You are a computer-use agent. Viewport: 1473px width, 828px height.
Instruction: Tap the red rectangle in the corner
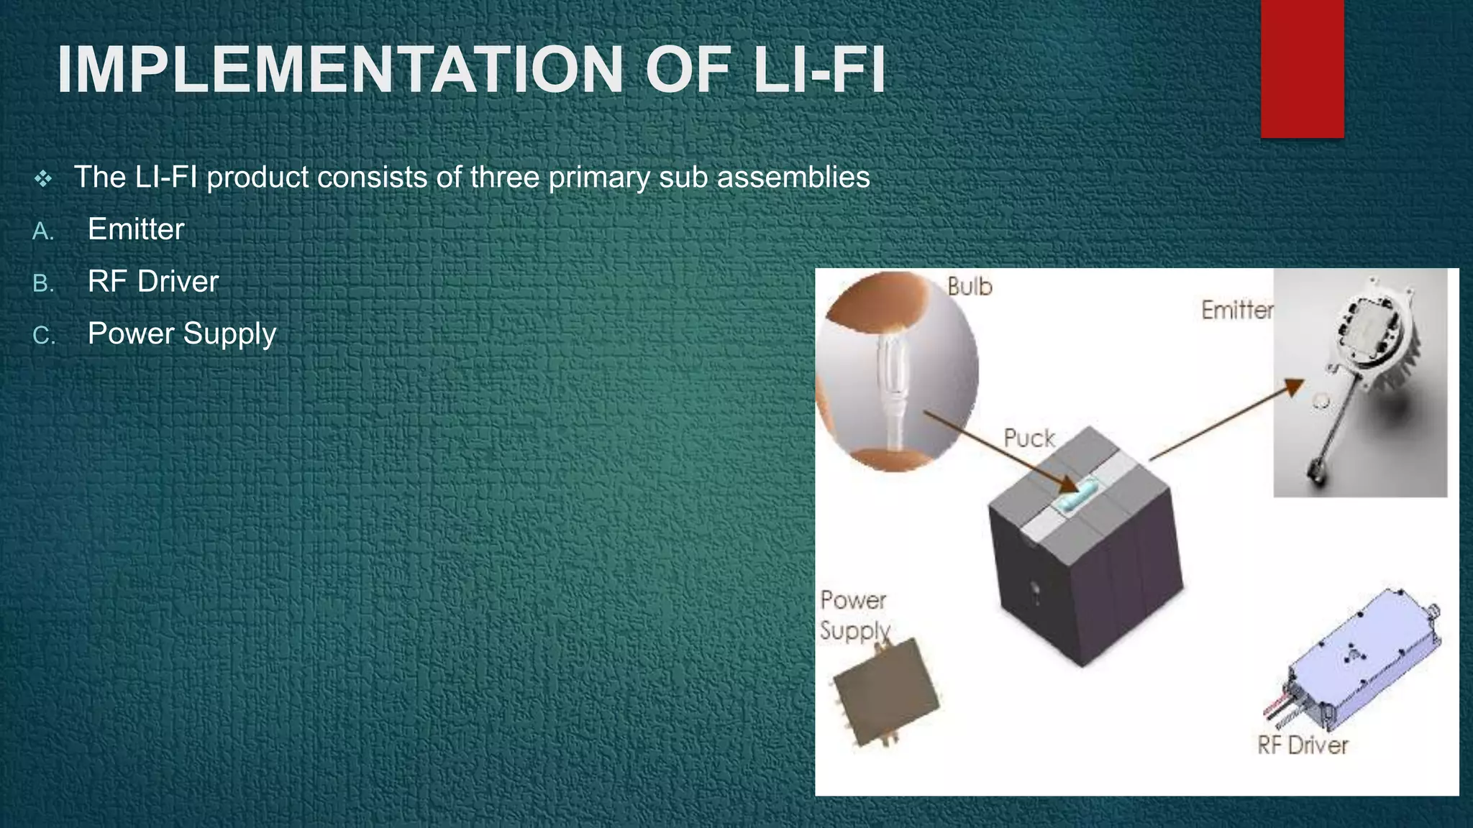tap(1302, 68)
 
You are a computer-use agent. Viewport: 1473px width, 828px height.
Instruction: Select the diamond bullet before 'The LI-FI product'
tap(43, 178)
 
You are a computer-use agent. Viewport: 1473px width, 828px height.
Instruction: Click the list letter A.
tap(43, 231)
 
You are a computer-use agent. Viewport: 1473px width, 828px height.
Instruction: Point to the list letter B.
tap(43, 284)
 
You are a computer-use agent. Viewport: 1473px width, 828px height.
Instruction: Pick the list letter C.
tap(43, 336)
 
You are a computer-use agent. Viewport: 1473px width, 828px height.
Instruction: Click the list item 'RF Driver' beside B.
tap(152, 282)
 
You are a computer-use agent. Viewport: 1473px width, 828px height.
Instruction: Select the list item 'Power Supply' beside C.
tap(181, 334)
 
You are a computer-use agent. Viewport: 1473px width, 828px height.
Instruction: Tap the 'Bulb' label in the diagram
tap(970, 287)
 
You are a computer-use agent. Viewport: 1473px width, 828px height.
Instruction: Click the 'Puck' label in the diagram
tap(1029, 438)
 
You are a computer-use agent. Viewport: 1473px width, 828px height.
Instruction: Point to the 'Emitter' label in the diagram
tap(1236, 310)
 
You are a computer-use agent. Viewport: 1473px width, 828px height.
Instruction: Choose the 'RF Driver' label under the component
tap(1303, 745)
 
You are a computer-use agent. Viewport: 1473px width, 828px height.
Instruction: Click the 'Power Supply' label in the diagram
tap(854, 615)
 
